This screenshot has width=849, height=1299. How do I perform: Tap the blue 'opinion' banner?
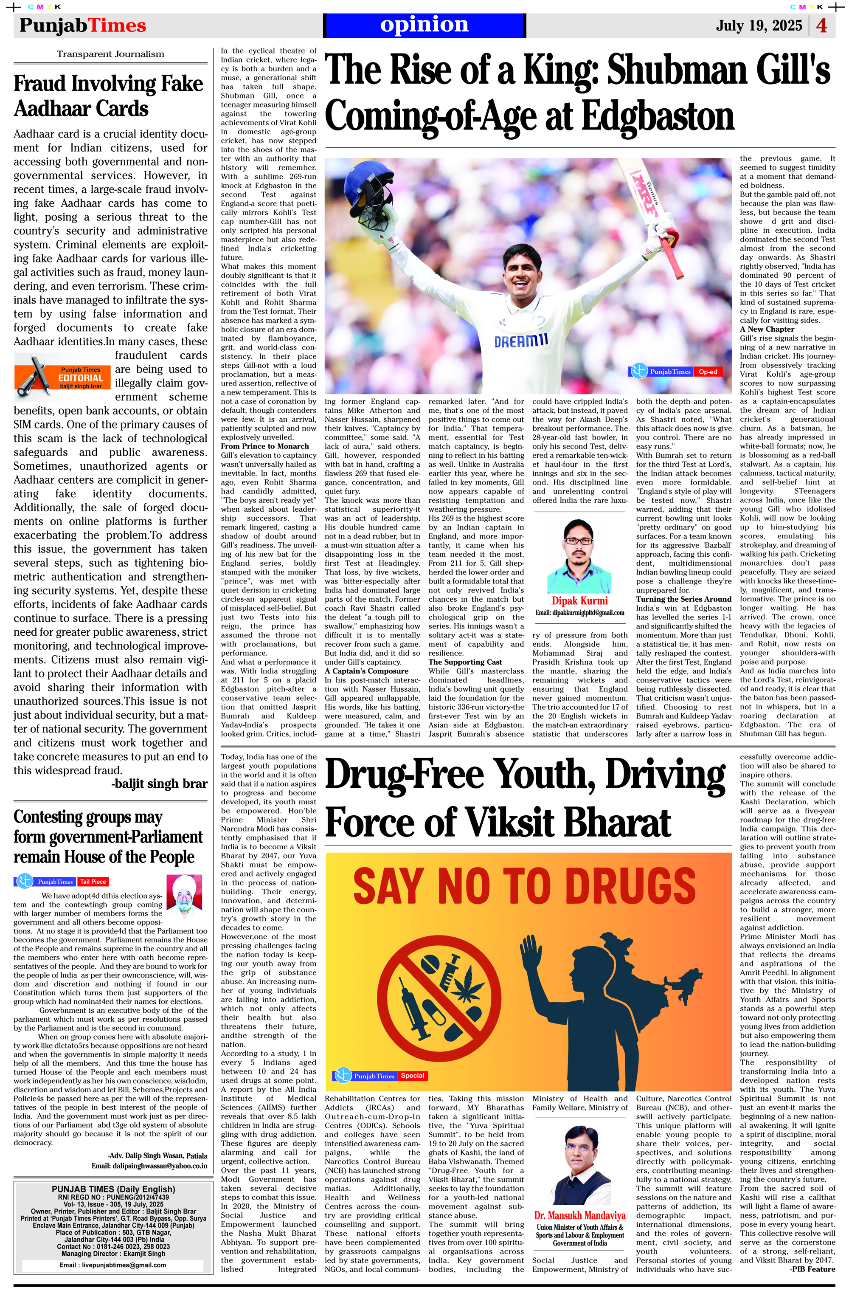coord(424,25)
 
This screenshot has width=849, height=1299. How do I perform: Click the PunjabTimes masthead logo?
coord(82,25)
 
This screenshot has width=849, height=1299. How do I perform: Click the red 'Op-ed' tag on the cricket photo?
coord(708,372)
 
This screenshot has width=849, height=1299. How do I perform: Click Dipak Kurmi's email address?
coord(579,612)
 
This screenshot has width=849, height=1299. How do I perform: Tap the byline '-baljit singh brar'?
coord(159,784)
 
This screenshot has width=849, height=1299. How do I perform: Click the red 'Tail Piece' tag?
coord(93,882)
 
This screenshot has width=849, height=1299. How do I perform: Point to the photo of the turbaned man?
coord(184,898)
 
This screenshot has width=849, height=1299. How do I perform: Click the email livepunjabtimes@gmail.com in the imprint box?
coord(112,1265)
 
